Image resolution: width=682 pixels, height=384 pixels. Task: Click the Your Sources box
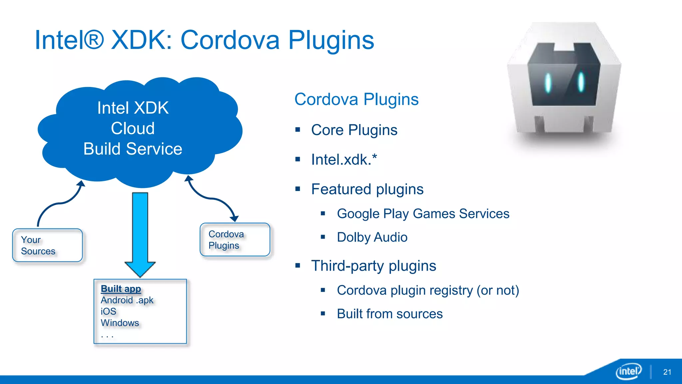(x=47, y=245)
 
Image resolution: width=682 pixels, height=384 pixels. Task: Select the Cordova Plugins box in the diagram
(x=235, y=240)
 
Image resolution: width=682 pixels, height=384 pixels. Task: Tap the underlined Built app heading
(x=121, y=289)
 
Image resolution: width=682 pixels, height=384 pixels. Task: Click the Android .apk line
(x=127, y=300)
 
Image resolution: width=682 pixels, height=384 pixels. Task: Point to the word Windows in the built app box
(x=120, y=323)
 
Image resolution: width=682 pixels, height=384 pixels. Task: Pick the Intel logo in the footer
(x=628, y=371)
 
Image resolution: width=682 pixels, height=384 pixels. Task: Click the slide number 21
(x=667, y=372)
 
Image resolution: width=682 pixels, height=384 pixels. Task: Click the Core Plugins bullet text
(x=354, y=130)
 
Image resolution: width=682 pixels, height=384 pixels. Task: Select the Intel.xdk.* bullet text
(x=344, y=160)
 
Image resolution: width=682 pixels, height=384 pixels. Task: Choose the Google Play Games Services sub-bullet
(x=423, y=214)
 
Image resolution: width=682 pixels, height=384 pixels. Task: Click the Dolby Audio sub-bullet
(x=372, y=237)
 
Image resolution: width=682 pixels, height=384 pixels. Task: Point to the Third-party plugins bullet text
(x=373, y=266)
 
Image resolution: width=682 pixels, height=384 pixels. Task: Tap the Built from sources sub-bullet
(x=390, y=314)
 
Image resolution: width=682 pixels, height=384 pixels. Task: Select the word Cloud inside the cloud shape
(x=133, y=128)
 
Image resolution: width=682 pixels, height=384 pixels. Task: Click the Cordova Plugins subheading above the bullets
(x=356, y=99)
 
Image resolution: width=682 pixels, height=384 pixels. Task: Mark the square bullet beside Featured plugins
(x=298, y=189)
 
